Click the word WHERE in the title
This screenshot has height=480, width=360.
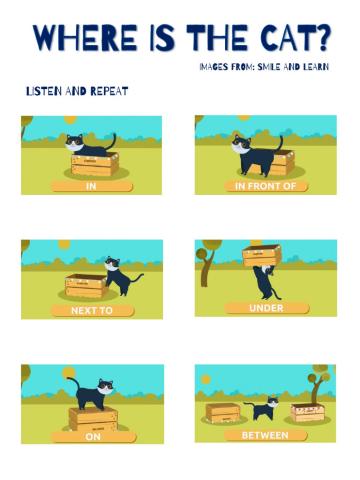pos(85,37)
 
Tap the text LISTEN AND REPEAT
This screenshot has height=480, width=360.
pos(77,91)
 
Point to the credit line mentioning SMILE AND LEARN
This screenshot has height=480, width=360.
pos(264,67)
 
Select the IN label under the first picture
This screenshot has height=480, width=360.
pos(91,186)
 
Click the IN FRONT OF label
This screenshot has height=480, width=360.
pos(265,186)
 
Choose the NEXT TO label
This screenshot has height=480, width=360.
pos(92,311)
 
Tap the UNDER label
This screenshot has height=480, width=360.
pos(266,308)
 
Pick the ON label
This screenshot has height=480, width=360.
pos(93,436)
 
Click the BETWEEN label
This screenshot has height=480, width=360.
pos(265,435)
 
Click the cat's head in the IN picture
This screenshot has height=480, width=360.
pos(74,143)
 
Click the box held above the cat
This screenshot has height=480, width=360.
pos(262,255)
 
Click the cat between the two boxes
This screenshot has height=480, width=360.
pos(262,408)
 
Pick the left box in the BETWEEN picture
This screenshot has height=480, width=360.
pos(223,413)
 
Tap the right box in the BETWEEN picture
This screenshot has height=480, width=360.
pos(308,413)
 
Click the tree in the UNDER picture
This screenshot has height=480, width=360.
pos(207,262)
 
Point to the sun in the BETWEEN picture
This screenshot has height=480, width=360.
pos(206,379)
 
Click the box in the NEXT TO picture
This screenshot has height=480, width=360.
pos(86,286)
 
